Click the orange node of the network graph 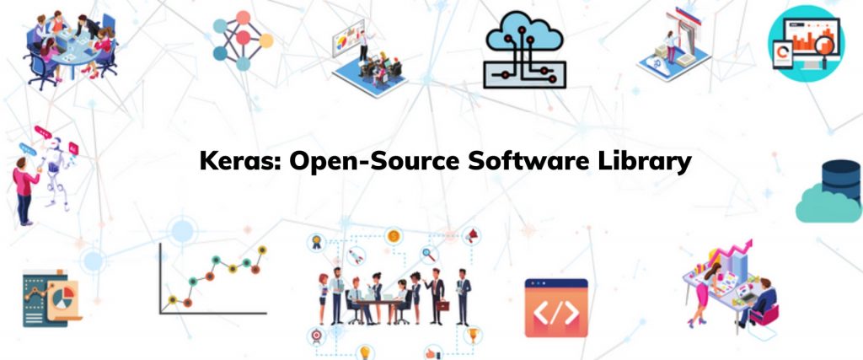click(265, 40)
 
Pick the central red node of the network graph click(243, 38)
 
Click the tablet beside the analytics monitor click(782, 54)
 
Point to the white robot click(55, 170)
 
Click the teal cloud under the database click(828, 204)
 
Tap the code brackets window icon click(556, 308)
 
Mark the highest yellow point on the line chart click(262, 250)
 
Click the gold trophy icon click(472, 334)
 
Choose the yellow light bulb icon click(364, 352)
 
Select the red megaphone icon click(472, 236)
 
